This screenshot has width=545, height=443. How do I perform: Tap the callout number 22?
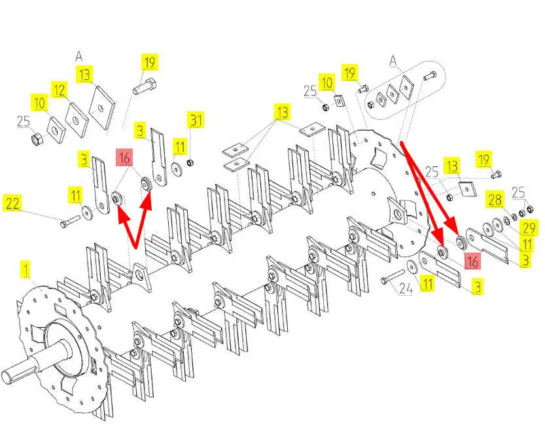[12, 204]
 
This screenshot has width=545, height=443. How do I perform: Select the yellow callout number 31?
[196, 120]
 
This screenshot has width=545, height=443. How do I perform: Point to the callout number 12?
[60, 90]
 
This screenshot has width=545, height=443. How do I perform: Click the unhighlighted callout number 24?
[406, 289]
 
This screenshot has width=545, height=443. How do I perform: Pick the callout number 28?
[495, 200]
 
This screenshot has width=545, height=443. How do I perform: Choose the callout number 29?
[529, 228]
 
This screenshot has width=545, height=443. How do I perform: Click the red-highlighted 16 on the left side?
[124, 158]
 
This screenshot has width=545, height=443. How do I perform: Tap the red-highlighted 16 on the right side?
[472, 261]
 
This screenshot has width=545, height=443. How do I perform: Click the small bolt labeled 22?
[70, 221]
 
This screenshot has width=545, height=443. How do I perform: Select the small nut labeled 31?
[190, 162]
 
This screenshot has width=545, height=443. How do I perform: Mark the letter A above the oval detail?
[393, 62]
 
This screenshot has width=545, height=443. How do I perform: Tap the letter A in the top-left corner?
[79, 56]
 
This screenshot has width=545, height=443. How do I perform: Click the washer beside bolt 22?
[86, 211]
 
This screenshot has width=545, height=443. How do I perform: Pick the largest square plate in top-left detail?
[101, 108]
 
